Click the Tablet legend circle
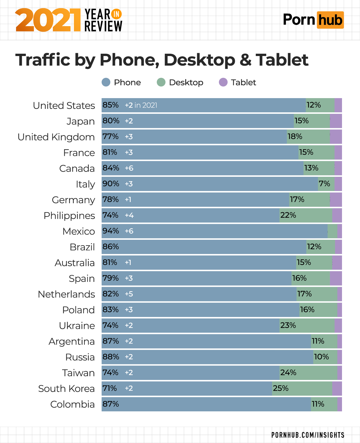223,82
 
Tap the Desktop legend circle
161,82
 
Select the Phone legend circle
106,82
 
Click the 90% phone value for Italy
111,184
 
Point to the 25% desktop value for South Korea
280,388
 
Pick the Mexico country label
79,231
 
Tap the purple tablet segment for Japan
336,121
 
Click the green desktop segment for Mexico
332,231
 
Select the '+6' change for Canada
129,168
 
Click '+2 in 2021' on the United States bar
141,105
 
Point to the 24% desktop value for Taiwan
288,372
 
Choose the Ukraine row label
77,326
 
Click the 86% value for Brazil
111,247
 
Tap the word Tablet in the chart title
282,60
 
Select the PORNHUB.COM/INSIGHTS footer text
308,435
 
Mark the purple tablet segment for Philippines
337,215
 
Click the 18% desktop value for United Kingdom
295,136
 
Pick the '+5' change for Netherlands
129,294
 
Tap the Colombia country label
73,404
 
